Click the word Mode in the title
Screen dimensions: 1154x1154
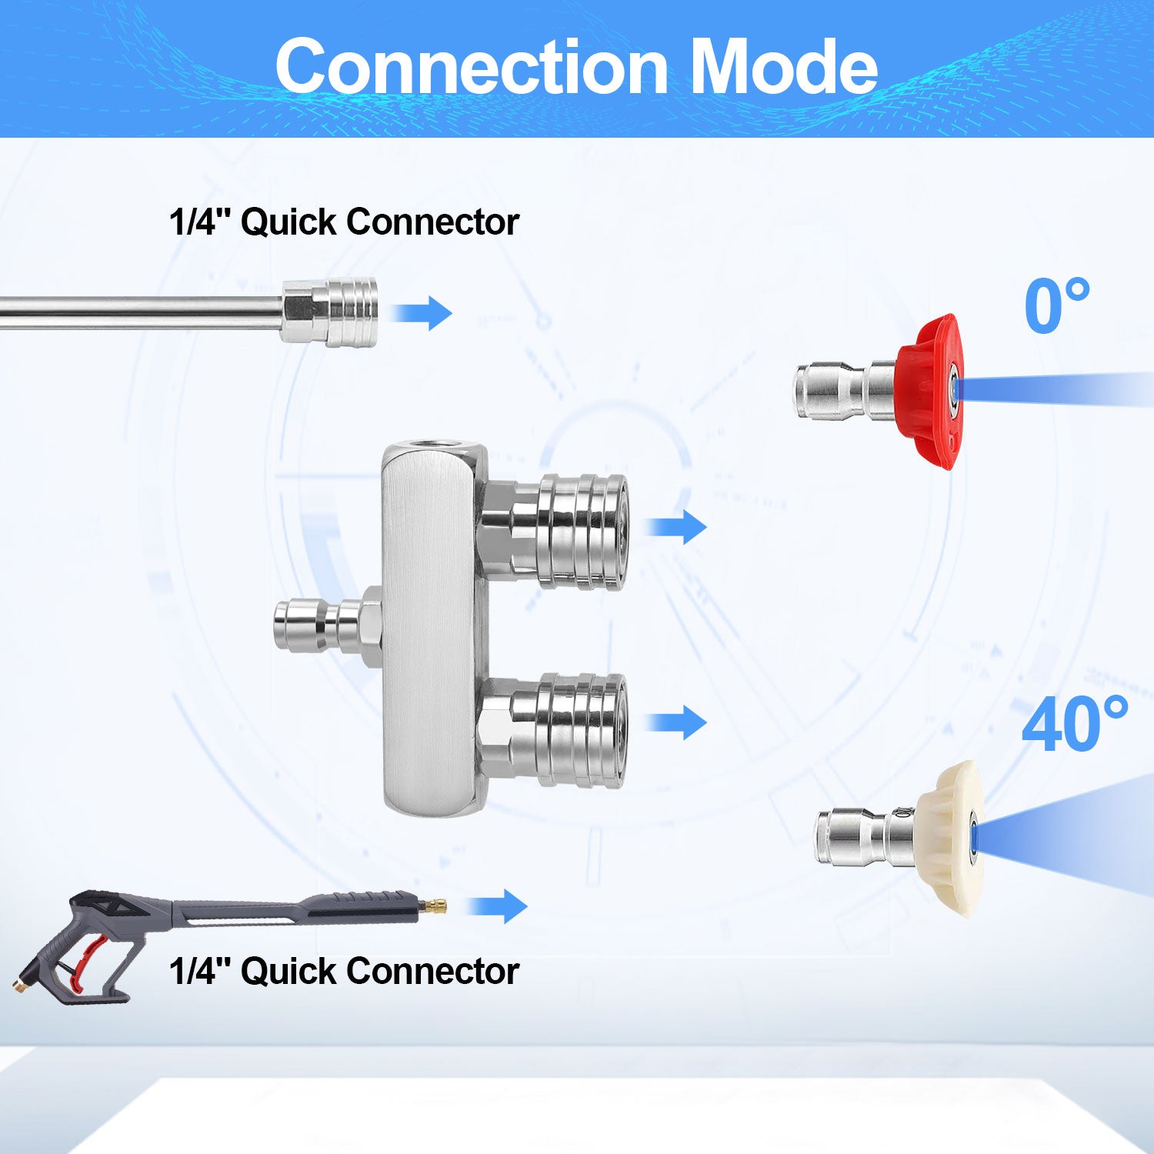coord(784,67)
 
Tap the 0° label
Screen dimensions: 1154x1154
coord(1056,306)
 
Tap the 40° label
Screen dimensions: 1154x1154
coord(1074,725)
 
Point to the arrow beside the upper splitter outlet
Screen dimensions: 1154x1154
coord(676,526)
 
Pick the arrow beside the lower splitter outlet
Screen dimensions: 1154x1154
coord(676,722)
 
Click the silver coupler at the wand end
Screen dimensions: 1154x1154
coord(329,312)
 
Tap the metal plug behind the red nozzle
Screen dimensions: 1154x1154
coord(842,391)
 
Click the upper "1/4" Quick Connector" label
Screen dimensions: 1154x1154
coord(344,222)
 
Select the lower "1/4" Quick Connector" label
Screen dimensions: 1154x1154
coord(344,971)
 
